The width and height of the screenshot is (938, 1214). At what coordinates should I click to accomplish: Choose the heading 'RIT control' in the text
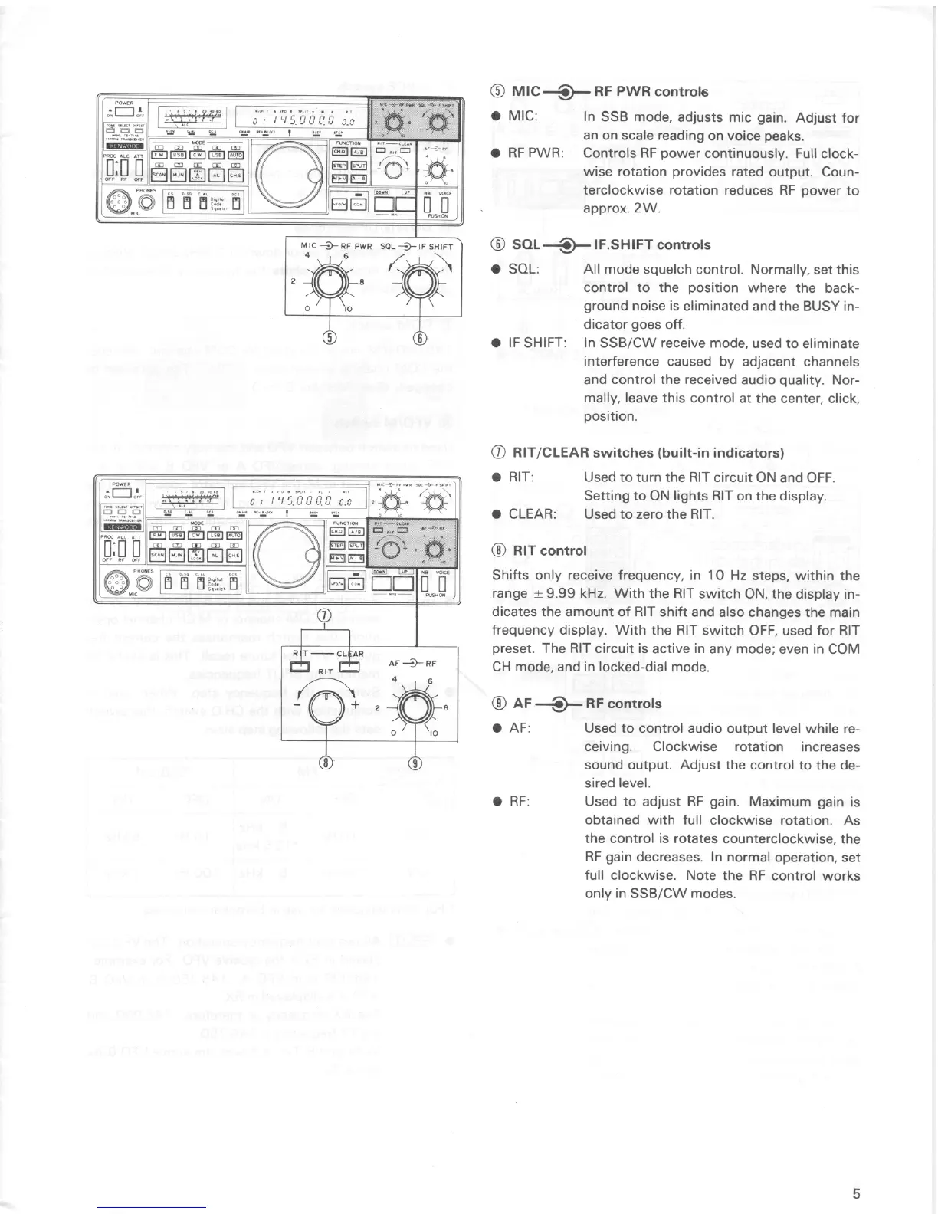tap(539, 550)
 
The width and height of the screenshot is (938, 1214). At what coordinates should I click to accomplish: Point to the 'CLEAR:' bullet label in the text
tap(533, 513)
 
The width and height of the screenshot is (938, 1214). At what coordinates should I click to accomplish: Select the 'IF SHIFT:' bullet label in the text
tap(537, 343)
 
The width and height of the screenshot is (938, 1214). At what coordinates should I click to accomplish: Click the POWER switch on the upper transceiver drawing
tap(124, 113)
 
